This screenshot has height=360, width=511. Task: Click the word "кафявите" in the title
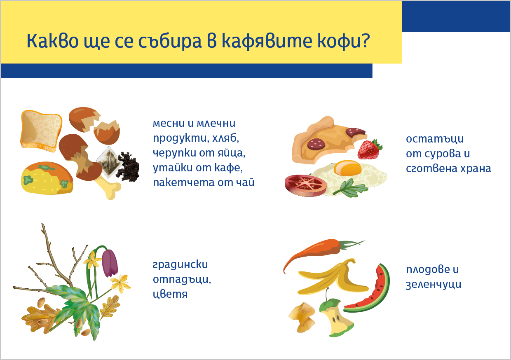click(x=267, y=41)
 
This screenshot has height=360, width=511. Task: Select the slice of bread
click(x=41, y=131)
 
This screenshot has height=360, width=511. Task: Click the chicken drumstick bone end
click(x=109, y=189)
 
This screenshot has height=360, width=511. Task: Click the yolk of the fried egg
click(x=347, y=168)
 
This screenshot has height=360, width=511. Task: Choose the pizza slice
click(x=328, y=141)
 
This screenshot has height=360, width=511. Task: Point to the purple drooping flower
click(x=110, y=263)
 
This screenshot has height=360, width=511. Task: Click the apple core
click(x=335, y=317)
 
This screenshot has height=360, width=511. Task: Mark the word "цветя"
click(x=170, y=294)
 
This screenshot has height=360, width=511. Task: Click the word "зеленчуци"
click(x=434, y=284)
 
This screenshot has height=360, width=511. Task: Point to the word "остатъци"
click(x=435, y=139)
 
